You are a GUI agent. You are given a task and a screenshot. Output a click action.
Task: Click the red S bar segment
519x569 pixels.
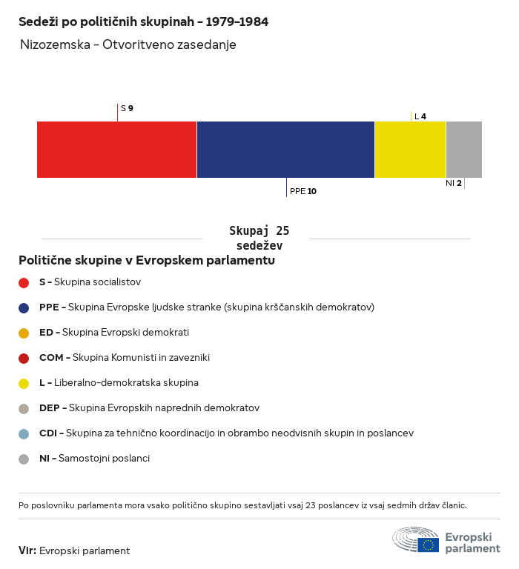click(116, 150)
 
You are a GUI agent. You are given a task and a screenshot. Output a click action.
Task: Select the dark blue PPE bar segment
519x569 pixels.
click(285, 150)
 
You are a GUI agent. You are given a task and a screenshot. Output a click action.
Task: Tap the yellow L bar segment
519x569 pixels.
click(410, 150)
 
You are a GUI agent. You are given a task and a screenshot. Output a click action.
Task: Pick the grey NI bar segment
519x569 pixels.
click(464, 150)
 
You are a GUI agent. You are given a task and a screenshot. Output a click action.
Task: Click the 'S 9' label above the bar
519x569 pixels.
click(127, 108)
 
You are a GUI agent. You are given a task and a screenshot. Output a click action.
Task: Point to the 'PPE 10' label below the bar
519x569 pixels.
click(303, 191)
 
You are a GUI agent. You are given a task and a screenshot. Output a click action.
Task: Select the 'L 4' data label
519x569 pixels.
click(420, 116)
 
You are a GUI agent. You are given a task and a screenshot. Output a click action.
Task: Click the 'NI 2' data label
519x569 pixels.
click(454, 183)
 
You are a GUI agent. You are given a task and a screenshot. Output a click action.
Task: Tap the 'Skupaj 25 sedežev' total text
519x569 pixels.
click(259, 238)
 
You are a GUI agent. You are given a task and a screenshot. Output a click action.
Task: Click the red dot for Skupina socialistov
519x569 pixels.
click(24, 283)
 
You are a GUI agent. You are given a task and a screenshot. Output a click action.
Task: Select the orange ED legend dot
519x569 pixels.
click(24, 333)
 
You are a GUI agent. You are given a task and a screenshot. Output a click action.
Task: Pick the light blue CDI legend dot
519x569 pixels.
click(24, 434)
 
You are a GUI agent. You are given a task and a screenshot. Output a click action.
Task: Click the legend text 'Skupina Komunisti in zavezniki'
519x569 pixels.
click(141, 357)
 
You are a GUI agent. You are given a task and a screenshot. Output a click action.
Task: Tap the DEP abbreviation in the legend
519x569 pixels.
click(50, 408)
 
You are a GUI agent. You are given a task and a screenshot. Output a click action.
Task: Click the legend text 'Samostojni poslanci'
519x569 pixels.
click(104, 459)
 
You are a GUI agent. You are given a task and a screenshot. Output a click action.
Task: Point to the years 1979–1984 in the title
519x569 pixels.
click(237, 21)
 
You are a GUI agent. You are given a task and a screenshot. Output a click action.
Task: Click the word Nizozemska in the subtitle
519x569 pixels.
click(55, 44)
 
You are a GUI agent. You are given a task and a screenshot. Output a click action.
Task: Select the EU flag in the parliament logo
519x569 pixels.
click(428, 545)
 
